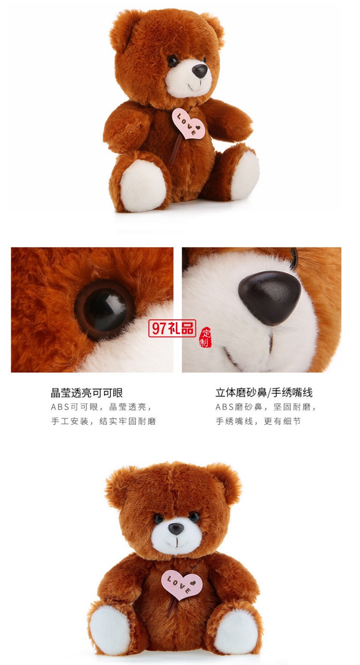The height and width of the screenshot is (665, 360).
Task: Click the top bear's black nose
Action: point(200,71)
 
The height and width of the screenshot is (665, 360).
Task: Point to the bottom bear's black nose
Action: point(176,529)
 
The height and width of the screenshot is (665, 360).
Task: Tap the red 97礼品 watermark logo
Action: point(172,328)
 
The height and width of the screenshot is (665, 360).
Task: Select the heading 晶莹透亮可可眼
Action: point(87,392)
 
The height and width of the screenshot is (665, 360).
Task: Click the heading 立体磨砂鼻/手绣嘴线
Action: point(264,392)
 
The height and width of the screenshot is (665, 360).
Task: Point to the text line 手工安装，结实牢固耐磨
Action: point(104,421)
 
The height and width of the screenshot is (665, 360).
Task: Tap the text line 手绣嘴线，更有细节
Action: point(258,421)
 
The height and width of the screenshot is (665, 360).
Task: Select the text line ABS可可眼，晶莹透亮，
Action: point(102,407)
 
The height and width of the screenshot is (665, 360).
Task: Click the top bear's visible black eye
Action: point(172,61)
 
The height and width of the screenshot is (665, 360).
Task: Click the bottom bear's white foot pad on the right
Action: point(235,630)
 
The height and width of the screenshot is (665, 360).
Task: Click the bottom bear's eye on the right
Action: point(194,517)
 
